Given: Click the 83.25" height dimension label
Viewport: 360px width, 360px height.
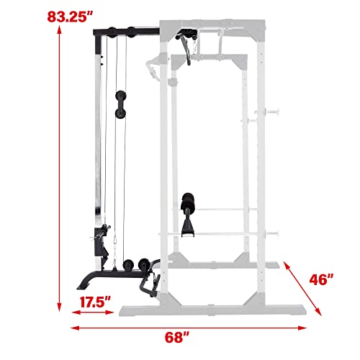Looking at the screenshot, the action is click(70, 17).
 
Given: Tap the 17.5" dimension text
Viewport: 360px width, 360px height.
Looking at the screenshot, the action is click(95, 302).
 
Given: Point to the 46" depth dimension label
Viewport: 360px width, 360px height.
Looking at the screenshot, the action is click(321, 279).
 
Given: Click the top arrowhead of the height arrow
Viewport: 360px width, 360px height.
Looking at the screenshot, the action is click(59, 30).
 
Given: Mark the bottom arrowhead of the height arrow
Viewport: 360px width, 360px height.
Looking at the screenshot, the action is click(59, 307).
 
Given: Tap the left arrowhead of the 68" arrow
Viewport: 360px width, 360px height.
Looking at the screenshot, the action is click(75, 328).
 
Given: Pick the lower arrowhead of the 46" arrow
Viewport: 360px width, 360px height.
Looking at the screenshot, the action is click(318, 312).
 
